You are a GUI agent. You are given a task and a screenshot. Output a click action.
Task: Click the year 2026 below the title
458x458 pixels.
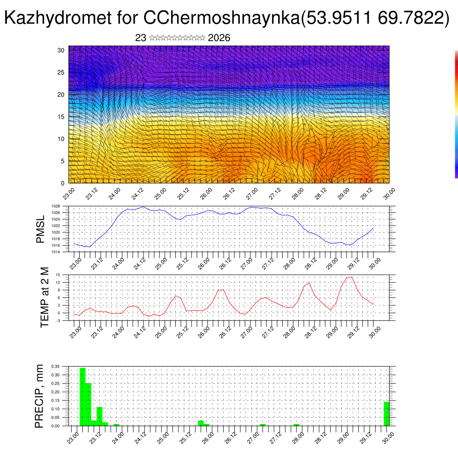[219, 38]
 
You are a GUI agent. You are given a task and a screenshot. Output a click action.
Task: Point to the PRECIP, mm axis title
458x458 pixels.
[39, 396]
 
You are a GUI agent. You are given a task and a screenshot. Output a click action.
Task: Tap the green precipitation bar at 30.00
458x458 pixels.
[386, 414]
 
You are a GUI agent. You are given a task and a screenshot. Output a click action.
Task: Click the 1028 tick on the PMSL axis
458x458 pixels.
[55, 206]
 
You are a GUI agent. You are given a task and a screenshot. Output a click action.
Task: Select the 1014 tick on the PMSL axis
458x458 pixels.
[55, 252]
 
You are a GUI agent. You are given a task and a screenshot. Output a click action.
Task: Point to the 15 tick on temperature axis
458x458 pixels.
[58, 275]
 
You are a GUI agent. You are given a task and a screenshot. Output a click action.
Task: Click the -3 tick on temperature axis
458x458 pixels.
[58, 321]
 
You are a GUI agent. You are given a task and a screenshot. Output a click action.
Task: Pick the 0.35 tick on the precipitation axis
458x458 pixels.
[55, 366]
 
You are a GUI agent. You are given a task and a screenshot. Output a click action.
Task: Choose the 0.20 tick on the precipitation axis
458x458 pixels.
[55, 392]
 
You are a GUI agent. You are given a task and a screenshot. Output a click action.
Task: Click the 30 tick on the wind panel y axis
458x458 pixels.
[61, 50]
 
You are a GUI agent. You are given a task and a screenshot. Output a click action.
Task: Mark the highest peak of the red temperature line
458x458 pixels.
[352, 277]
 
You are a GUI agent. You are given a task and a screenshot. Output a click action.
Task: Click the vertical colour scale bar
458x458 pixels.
[456, 114]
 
